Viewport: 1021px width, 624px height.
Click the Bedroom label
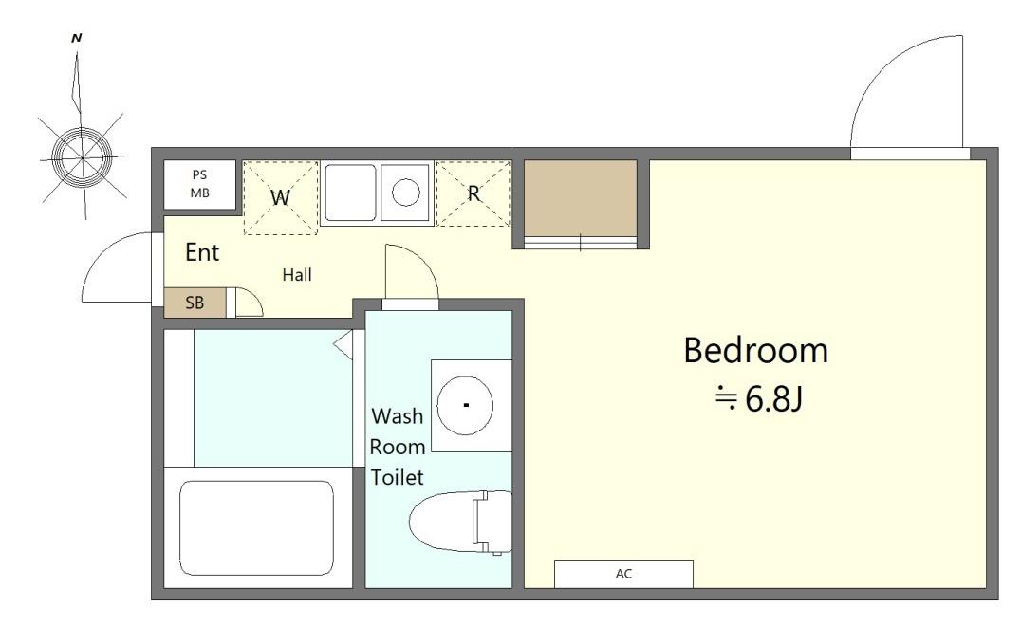(x=755, y=350)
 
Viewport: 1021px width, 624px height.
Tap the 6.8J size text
(x=773, y=399)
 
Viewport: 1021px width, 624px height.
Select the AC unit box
(x=623, y=574)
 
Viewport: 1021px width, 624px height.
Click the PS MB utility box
(x=199, y=184)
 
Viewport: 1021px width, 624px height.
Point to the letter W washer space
(x=280, y=197)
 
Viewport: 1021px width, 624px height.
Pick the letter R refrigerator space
(x=473, y=193)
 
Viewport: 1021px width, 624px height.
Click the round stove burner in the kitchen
(x=406, y=192)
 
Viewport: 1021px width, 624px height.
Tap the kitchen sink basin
(x=350, y=193)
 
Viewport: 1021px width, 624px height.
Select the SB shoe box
(x=195, y=303)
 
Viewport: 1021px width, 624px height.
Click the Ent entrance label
(x=202, y=252)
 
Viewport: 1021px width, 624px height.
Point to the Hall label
(x=297, y=275)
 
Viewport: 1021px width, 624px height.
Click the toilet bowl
(x=460, y=522)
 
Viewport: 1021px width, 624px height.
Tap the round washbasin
(x=465, y=405)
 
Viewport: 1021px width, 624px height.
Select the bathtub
(x=256, y=527)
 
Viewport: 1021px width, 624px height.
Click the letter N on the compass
(x=76, y=38)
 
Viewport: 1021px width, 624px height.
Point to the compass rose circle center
(x=83, y=156)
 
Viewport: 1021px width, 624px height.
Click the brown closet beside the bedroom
(x=580, y=198)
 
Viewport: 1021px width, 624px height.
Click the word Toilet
(x=398, y=478)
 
